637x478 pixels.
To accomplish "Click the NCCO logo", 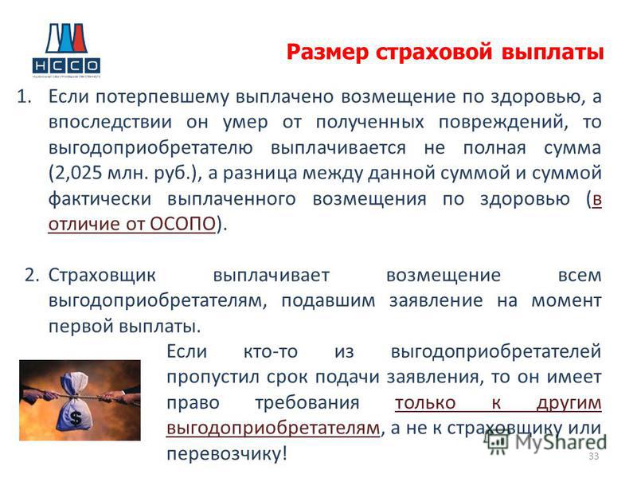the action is [66, 49].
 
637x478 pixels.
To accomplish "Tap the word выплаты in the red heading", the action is [553, 53].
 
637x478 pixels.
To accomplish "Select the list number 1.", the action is [24, 96].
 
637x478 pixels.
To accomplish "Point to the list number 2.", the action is [32, 275].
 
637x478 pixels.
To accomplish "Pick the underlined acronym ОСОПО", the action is [183, 224].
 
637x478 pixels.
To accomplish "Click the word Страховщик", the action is [102, 276].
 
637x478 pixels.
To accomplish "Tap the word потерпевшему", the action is [162, 97].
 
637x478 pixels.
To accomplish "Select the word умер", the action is [245, 123].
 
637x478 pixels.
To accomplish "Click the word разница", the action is [261, 174].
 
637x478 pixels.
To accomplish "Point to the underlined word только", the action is [425, 403].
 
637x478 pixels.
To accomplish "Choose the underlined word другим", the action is [569, 403].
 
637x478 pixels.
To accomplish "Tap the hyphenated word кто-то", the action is [271, 351].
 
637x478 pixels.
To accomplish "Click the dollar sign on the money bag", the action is [76, 417].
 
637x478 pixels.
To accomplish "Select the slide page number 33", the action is [593, 456].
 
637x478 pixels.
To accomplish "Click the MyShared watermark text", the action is [561, 443].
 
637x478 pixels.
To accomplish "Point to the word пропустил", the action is [213, 378].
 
